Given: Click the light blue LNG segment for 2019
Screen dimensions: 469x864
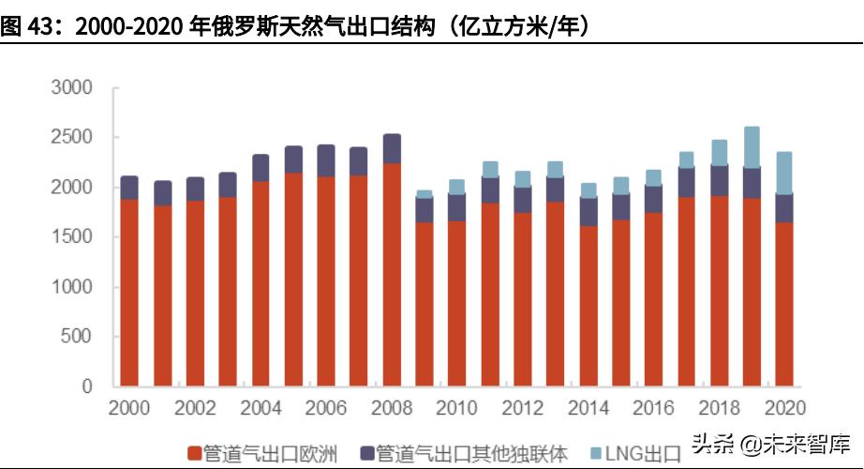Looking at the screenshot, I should coord(751,147).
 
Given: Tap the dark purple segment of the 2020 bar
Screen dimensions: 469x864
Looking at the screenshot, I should coord(783,208).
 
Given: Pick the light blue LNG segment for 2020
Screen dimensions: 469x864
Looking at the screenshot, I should coord(783,173).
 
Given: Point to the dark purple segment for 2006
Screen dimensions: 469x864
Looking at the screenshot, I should coord(326,160).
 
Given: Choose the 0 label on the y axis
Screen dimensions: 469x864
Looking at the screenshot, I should coord(87,386).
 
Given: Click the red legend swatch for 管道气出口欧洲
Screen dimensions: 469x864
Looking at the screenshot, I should coord(195,454).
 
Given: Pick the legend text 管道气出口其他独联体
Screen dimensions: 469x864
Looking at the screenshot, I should coord(471,454).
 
